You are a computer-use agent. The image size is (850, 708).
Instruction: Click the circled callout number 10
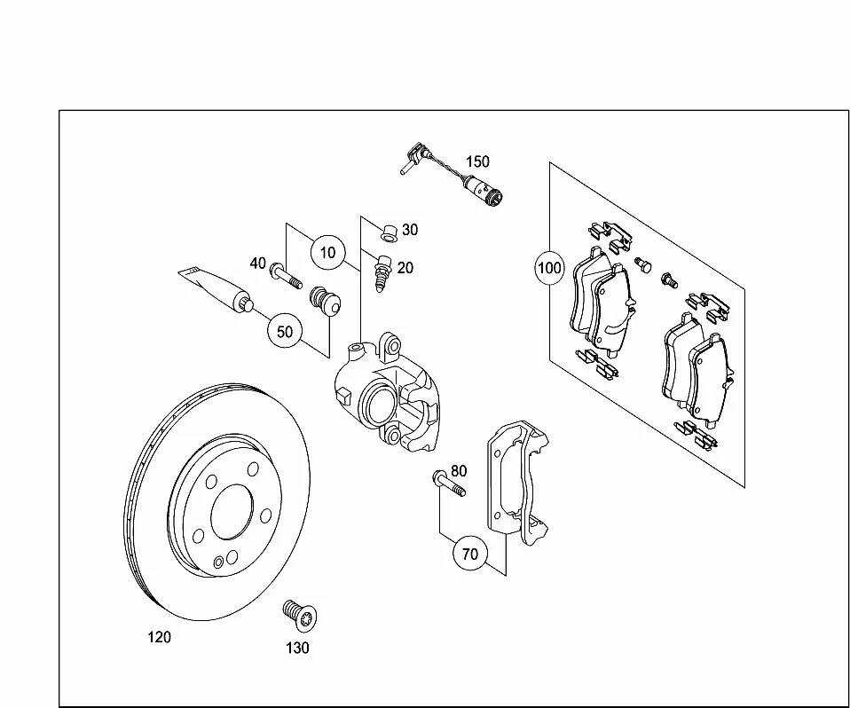click(x=327, y=253)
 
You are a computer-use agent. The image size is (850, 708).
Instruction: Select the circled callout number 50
click(x=285, y=331)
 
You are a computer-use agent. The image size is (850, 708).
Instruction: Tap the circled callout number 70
click(x=470, y=554)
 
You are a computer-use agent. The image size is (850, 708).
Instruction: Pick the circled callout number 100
click(x=549, y=268)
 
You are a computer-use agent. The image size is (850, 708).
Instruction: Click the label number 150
click(x=477, y=161)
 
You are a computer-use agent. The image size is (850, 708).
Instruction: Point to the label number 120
click(x=160, y=637)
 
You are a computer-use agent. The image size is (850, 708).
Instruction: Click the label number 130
click(x=297, y=648)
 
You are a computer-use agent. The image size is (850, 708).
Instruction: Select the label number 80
click(x=459, y=471)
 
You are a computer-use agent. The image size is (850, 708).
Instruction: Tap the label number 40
click(x=257, y=264)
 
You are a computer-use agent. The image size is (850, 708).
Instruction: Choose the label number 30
click(x=410, y=230)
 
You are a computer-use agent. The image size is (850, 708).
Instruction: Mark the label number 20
click(x=405, y=268)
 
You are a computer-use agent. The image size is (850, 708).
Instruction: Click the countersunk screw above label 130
click(x=300, y=616)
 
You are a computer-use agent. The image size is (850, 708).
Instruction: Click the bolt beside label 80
click(x=449, y=484)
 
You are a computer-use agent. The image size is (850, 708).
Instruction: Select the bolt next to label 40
click(x=286, y=275)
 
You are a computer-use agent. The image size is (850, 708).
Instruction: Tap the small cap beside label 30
click(x=388, y=232)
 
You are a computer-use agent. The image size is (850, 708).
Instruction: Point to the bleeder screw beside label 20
click(x=382, y=273)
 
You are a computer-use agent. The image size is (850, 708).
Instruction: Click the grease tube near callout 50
click(x=216, y=289)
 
